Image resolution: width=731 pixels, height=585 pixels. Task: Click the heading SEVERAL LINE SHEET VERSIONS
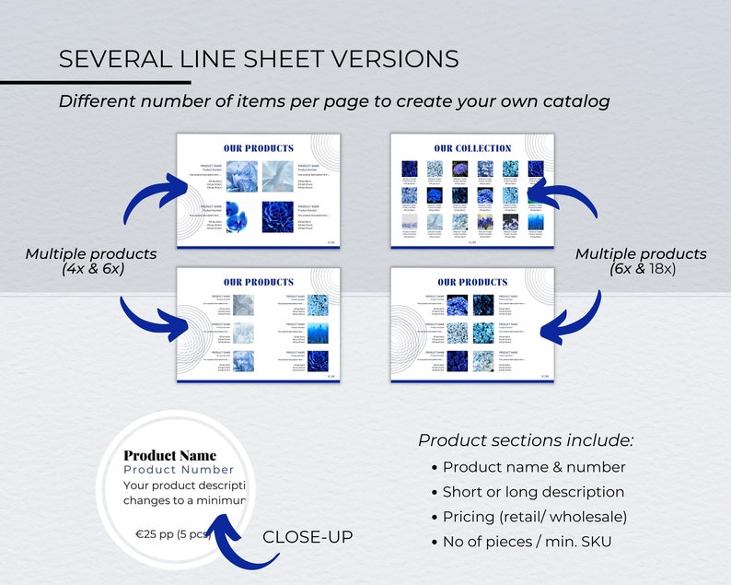(258, 59)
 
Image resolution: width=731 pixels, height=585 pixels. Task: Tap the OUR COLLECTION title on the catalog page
(472, 148)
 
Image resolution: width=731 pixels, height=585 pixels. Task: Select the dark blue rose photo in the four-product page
(278, 217)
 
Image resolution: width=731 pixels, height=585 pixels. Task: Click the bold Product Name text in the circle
(170, 455)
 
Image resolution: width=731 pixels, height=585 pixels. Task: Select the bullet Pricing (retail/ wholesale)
(534, 516)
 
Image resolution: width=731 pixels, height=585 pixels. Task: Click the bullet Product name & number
(534, 467)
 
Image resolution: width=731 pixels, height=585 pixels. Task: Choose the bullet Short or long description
(533, 492)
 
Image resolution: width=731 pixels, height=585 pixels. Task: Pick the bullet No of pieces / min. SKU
(527, 541)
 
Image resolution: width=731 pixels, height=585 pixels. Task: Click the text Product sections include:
(526, 439)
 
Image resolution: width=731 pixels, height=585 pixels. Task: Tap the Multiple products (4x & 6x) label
(90, 261)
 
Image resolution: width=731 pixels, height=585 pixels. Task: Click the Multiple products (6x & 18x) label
(641, 261)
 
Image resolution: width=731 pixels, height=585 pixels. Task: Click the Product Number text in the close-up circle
(179, 470)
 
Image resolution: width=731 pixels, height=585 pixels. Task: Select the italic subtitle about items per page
(333, 101)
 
